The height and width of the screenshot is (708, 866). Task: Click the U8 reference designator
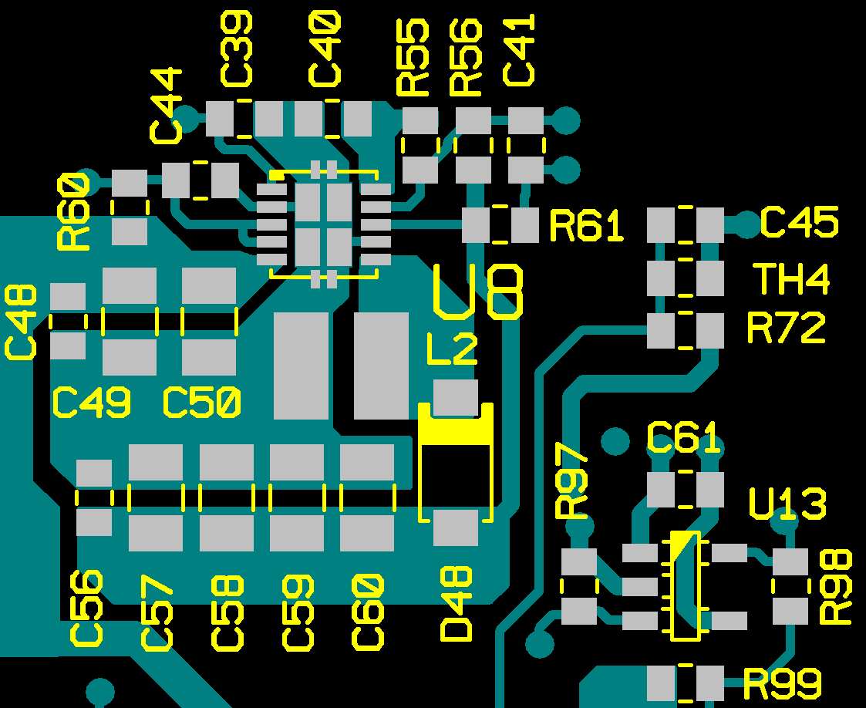point(479,291)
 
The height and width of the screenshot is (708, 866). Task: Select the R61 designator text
point(586,227)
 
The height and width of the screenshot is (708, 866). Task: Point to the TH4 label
point(791,279)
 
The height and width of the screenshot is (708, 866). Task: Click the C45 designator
point(799,223)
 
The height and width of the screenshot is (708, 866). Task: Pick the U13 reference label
point(787,505)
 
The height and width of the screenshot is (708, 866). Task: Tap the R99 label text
point(782,683)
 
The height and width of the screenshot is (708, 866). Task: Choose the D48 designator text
point(457,603)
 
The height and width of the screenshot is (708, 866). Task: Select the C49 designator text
point(91,403)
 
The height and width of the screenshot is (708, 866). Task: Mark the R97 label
point(572,483)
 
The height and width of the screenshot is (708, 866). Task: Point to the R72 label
point(786,329)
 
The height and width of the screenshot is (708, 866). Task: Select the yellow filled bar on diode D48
point(456,431)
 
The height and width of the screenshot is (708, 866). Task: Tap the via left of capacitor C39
point(186,120)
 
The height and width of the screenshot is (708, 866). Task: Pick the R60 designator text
point(72,211)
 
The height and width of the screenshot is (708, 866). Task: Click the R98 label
point(836,587)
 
